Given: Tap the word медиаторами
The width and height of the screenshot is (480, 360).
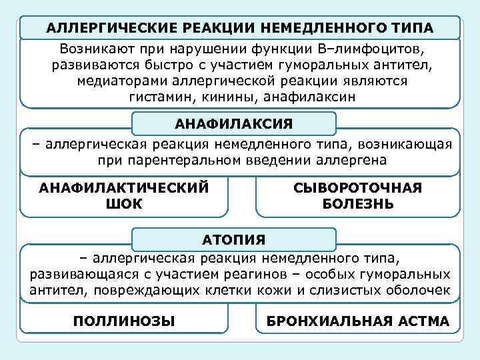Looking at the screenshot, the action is click(122, 81).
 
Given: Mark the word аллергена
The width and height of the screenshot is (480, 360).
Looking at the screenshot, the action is click(354, 161).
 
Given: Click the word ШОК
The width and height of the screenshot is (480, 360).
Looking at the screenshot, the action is click(123, 204).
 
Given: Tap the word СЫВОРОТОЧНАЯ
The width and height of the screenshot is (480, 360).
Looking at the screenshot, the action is click(357, 188).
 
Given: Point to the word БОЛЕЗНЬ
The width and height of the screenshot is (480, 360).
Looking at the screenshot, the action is click(357, 204).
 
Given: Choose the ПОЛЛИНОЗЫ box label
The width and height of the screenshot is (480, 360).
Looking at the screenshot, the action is click(124, 321).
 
